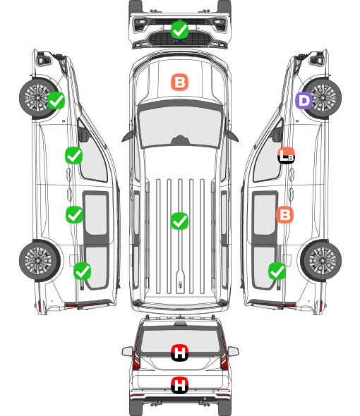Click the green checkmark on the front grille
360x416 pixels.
tap(179, 30)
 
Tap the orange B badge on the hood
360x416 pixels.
tap(179, 82)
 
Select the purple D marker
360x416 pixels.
tap(304, 101)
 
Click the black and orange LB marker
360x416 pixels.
tap(286, 155)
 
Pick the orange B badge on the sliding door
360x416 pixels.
tap(284, 214)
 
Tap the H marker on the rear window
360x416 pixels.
tap(179, 353)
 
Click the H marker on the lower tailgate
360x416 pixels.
tap(179, 385)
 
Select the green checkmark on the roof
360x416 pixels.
tap(179, 221)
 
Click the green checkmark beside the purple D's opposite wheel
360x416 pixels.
tap(56, 100)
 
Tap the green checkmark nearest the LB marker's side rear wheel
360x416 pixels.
tap(277, 271)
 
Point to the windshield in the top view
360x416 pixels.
tap(180, 126)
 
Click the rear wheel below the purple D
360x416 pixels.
tap(320, 261)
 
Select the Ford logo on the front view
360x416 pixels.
tap(180, 41)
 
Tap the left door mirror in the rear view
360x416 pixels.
tap(127, 352)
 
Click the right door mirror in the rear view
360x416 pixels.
tap(233, 352)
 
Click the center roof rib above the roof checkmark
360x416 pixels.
tap(180, 196)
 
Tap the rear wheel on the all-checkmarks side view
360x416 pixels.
tap(40, 261)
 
